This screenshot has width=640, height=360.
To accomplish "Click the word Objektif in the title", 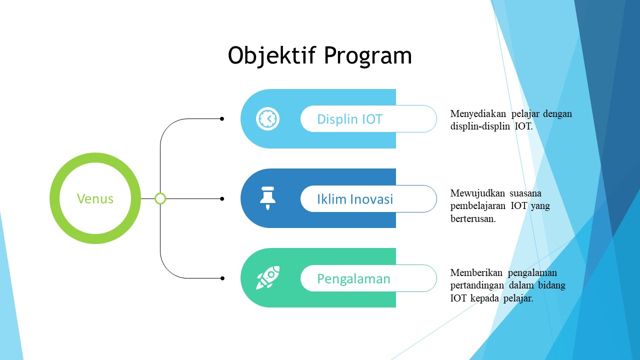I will [x=273, y=55].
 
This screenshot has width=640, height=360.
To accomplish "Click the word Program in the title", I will [x=367, y=55].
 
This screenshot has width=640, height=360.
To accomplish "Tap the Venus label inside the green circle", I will [x=95, y=198].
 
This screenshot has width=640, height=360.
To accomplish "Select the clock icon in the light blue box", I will [x=268, y=119].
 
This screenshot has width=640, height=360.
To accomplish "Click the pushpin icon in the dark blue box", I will [x=267, y=198].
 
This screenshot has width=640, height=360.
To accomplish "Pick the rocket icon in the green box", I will [x=267, y=277].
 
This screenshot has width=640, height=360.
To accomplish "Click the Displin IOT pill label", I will [x=349, y=119].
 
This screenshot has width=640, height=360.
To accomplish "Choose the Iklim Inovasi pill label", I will [x=355, y=199].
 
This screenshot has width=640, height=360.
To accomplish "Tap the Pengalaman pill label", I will [x=353, y=278].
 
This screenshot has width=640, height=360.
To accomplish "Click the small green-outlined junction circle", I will [x=160, y=198].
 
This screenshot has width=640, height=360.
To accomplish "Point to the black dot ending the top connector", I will [x=222, y=119].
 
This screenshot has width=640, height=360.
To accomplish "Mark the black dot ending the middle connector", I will [x=222, y=198].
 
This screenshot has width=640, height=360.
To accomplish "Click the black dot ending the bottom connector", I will [x=222, y=278].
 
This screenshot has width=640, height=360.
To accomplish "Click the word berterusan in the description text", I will [x=473, y=218].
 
